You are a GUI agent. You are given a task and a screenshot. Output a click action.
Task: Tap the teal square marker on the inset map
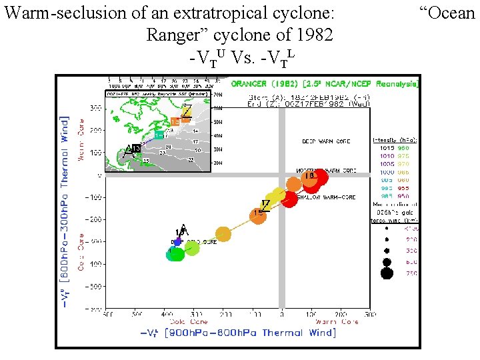pyautogui.click(x=159, y=135)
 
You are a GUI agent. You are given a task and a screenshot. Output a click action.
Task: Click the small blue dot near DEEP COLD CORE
pyautogui.click(x=177, y=241)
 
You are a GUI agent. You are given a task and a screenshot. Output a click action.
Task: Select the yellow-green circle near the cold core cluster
pyautogui.click(x=192, y=248)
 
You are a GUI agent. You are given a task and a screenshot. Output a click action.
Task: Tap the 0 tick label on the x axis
pyautogui.click(x=282, y=313)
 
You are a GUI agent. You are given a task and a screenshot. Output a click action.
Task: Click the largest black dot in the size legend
pyautogui.click(x=387, y=273)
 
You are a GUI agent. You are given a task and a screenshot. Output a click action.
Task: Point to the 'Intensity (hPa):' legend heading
pyautogui.click(x=395, y=140)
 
